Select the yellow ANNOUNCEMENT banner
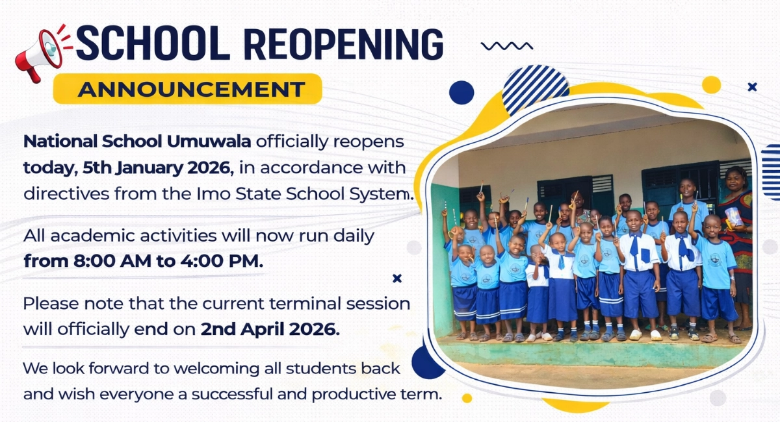[187, 90]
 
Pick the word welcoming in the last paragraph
[196, 369]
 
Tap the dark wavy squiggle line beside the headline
[506, 45]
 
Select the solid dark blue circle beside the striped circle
[461, 92]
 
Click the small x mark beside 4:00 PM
[397, 279]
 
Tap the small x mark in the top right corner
[752, 87]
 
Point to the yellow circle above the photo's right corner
[711, 84]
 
